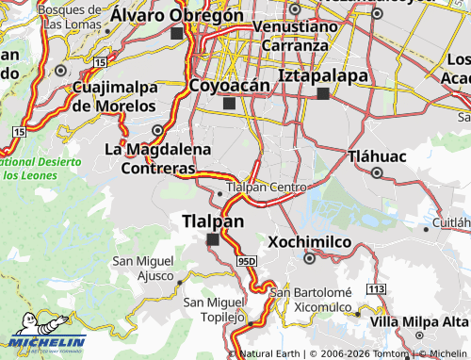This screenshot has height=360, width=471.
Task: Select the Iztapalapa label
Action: pos(321,74)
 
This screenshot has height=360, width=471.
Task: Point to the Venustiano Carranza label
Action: pos(294,36)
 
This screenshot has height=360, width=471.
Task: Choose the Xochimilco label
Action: pos(309,242)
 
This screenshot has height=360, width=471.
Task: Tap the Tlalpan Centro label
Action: pos(267,188)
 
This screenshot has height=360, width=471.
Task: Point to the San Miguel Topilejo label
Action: pos(215,309)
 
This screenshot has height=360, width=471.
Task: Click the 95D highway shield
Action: pos(247,259)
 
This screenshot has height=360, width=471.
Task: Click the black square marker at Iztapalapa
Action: pos(324,93)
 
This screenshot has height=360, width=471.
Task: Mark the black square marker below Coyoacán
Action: pos(228,103)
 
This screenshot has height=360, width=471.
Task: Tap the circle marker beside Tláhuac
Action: pos(377,173)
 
